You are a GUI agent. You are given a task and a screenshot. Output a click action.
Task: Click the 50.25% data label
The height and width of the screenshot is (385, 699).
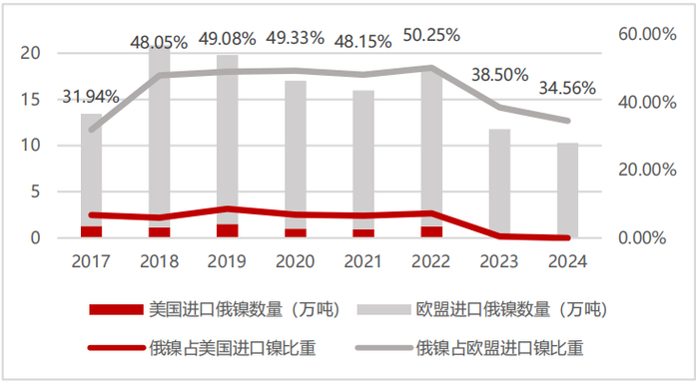[430, 35]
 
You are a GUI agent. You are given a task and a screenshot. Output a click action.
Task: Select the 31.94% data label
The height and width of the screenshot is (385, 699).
[92, 97]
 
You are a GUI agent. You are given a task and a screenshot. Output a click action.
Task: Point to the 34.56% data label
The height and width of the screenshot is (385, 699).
[566, 89]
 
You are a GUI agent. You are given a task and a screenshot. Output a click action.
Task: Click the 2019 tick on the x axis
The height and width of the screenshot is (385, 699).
[227, 260]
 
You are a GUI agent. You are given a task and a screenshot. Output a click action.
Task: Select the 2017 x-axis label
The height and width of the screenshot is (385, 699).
[92, 260]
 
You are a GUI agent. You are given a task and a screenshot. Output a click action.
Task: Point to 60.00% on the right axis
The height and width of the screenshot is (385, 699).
[648, 34]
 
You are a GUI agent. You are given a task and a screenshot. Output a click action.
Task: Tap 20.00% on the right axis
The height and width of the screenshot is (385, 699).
[648, 170]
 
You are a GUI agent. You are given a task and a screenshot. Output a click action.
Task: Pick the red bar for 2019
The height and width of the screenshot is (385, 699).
[227, 231]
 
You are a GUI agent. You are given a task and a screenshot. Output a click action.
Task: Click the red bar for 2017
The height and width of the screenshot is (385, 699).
[92, 232]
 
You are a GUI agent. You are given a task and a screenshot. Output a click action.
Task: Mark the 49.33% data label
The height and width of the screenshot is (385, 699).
[295, 38]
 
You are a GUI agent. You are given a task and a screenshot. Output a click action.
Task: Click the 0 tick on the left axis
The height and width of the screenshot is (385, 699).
[37, 238]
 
